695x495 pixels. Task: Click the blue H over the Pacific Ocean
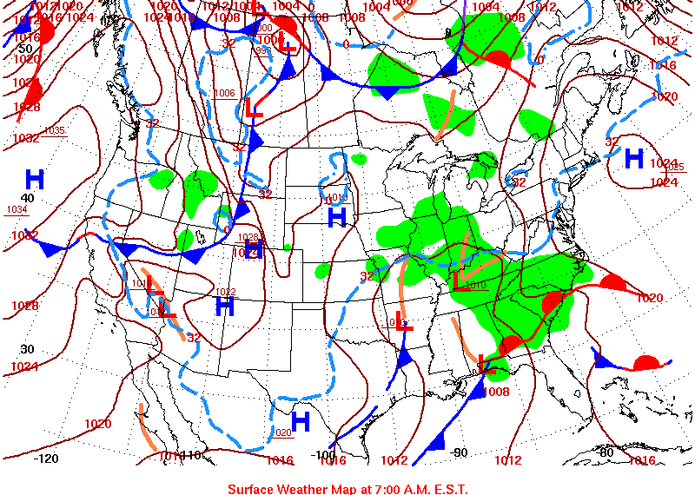coord(35,180)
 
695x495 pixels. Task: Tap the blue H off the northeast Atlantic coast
coord(634,159)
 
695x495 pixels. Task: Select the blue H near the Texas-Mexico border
coord(301,422)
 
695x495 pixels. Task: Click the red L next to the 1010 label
coord(460,280)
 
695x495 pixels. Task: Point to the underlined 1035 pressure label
coord(54,131)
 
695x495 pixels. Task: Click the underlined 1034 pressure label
coord(17,210)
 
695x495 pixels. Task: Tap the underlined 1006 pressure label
coord(224,94)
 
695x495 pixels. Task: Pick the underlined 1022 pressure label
coord(226,292)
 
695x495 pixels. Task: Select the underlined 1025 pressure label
coord(674,167)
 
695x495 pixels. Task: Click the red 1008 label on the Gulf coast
coord(496,392)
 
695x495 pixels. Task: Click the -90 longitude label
coord(460,452)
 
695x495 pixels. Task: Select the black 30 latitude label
coord(27,349)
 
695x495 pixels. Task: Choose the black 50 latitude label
coord(25,49)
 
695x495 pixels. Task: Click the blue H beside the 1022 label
coord(225,307)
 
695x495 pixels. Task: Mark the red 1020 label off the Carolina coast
coord(650,298)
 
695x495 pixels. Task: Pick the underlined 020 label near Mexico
coord(283,432)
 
